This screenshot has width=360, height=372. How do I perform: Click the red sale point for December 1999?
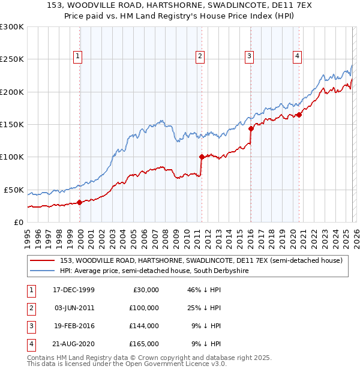80,203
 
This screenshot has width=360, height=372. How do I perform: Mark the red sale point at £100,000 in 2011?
201,157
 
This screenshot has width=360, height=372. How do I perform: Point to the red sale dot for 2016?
251,128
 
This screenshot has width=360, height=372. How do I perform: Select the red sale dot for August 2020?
299,115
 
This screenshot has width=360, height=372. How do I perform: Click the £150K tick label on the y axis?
12,124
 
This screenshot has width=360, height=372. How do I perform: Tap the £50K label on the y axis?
14,190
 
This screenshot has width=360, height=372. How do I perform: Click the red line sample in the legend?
42,261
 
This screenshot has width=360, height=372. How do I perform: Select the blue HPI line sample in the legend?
42,271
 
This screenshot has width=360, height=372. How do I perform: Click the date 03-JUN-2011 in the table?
74,307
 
